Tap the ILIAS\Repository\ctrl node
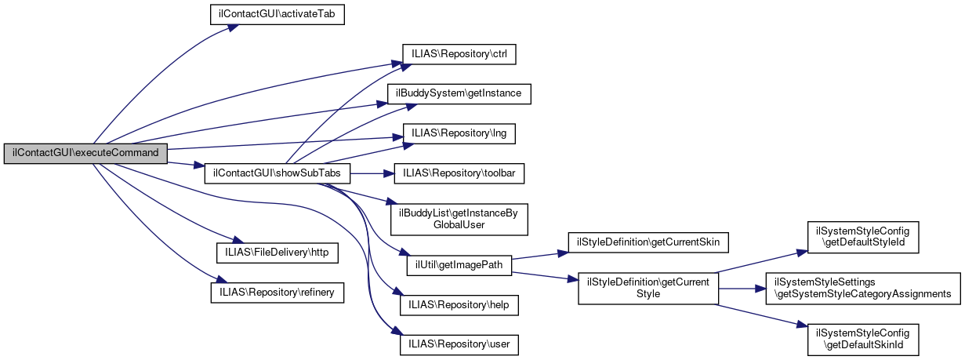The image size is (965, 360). tap(459, 54)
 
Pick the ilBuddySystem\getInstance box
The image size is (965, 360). tap(459, 93)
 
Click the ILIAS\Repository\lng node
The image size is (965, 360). tap(459, 133)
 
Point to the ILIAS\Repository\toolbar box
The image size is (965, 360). tap(459, 173)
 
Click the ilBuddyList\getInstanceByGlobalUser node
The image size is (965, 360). tap(459, 218)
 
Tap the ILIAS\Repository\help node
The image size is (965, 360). tap(459, 304)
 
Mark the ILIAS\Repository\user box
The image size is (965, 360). tap(459, 344)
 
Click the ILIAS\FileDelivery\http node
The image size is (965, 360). tap(277, 253)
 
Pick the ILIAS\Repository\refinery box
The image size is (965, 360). tap(277, 292)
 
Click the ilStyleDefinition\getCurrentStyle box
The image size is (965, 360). tap(648, 288)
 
